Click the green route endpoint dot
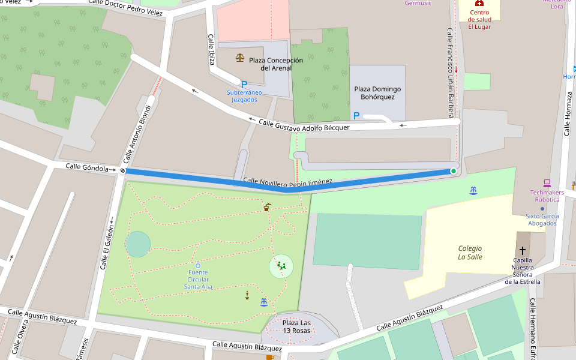454,171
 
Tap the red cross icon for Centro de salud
479,3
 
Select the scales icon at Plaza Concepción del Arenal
240,58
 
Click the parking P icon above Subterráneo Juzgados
244,85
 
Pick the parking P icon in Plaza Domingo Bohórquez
356,115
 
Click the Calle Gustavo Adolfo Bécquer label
304,125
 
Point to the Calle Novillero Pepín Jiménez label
287,181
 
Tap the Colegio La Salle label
470,253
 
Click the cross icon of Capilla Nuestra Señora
522,250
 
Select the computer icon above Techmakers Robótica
547,183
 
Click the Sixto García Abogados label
542,220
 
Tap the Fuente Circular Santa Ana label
198,280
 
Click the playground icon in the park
281,265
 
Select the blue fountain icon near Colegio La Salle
473,190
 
